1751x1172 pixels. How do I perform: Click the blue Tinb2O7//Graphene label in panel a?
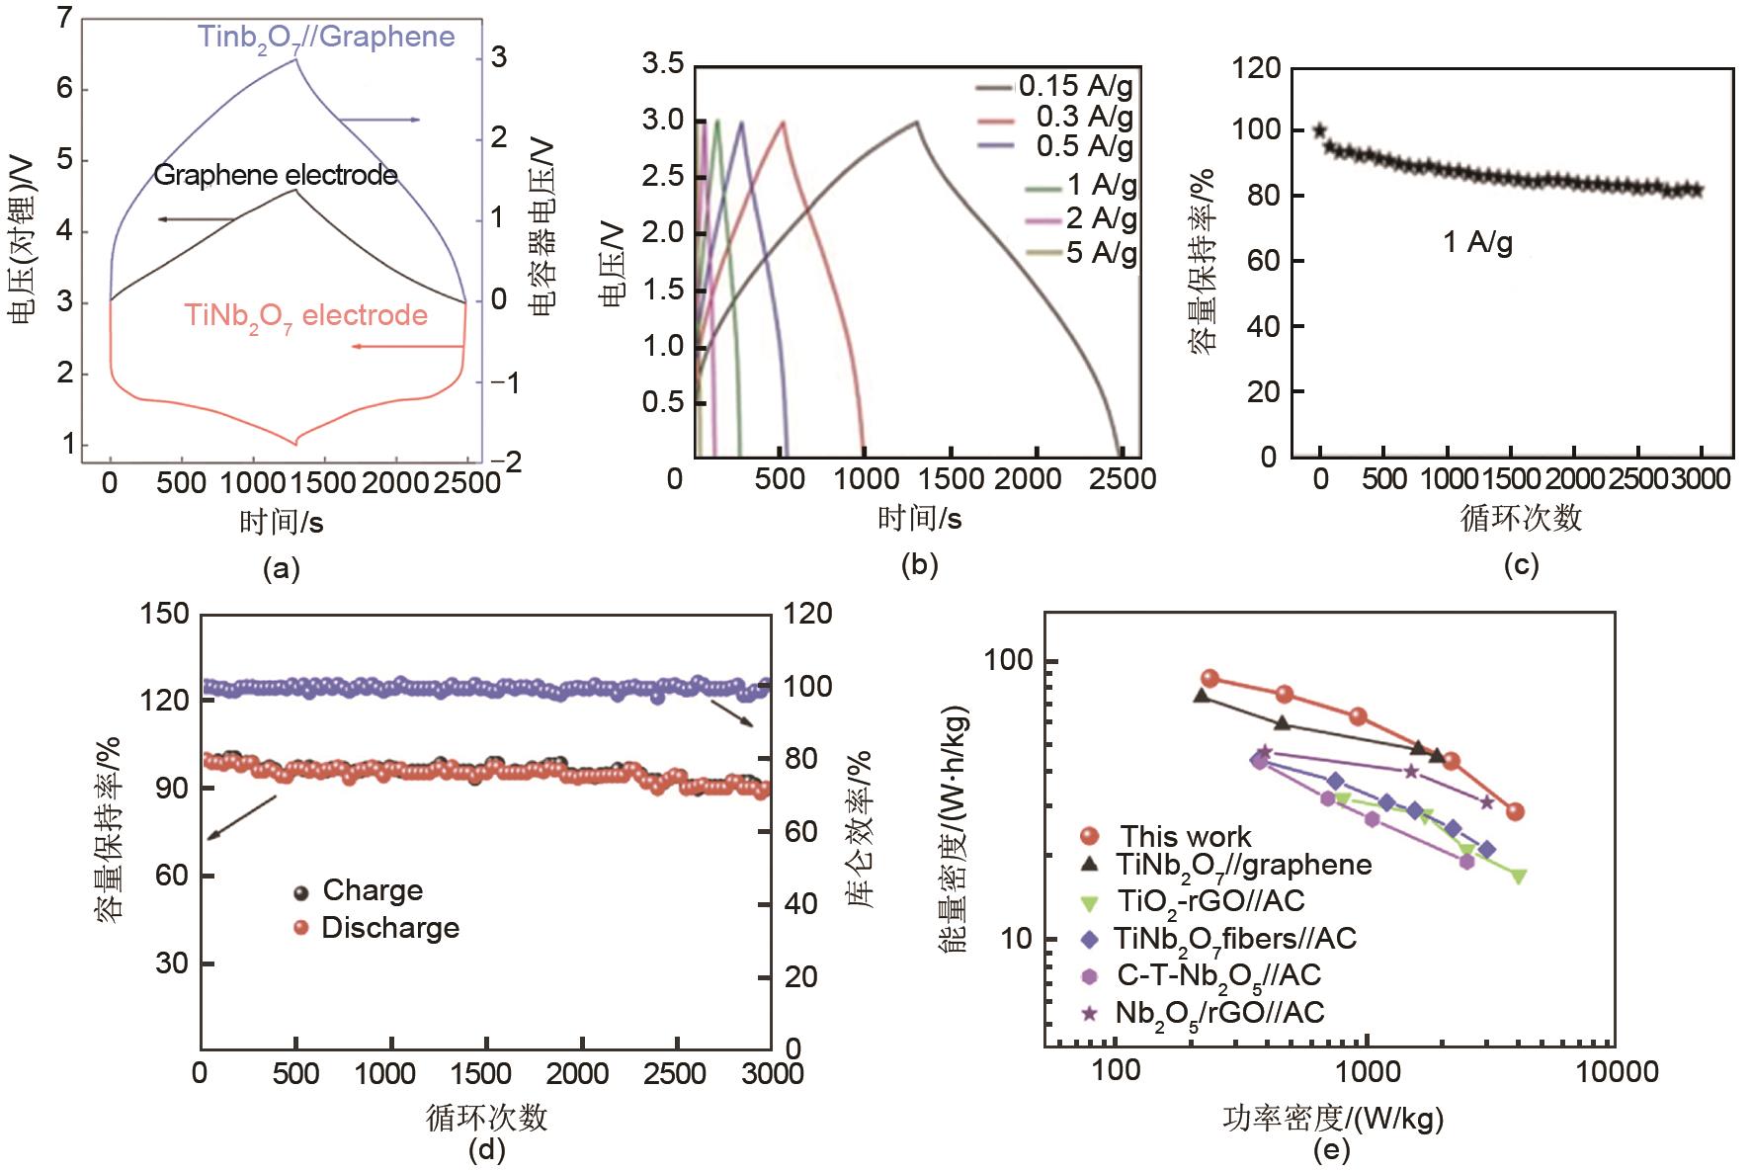[326, 39]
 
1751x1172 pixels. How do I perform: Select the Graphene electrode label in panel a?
[276, 176]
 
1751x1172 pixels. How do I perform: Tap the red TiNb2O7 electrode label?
[305, 316]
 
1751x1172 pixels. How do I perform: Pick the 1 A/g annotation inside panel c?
[1477, 242]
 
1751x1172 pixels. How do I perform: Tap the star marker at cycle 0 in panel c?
[1320, 130]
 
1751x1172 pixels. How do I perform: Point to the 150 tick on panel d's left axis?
[165, 614]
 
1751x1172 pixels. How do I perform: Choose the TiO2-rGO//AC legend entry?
[1210, 901]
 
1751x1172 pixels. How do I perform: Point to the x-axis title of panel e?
[1332, 1118]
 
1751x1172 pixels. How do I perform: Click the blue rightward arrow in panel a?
[380, 120]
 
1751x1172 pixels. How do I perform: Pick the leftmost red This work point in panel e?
[1209, 679]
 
